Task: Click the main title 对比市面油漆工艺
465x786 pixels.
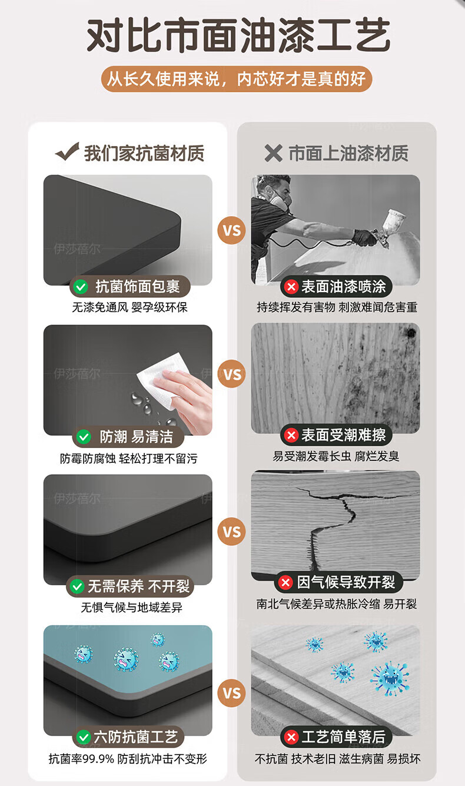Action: point(238,35)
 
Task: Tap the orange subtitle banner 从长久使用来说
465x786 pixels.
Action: point(237,79)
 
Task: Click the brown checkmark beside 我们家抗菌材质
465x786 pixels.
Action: point(67,151)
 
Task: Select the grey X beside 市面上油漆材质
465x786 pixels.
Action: point(273,153)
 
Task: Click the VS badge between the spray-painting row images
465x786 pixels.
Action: point(232,231)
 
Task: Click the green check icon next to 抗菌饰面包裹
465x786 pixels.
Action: point(81,287)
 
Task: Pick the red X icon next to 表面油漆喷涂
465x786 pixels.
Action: point(291,287)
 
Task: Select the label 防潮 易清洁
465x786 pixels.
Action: point(136,437)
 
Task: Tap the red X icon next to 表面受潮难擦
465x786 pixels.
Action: point(291,436)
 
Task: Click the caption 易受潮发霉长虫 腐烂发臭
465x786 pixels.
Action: point(336,456)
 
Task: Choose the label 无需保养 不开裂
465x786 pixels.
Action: point(139,586)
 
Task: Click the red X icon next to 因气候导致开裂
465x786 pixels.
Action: point(285,582)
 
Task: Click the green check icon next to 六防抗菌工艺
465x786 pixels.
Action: point(84,737)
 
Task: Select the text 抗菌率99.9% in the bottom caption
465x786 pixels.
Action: point(81,759)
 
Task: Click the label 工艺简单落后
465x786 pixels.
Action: point(343,737)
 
